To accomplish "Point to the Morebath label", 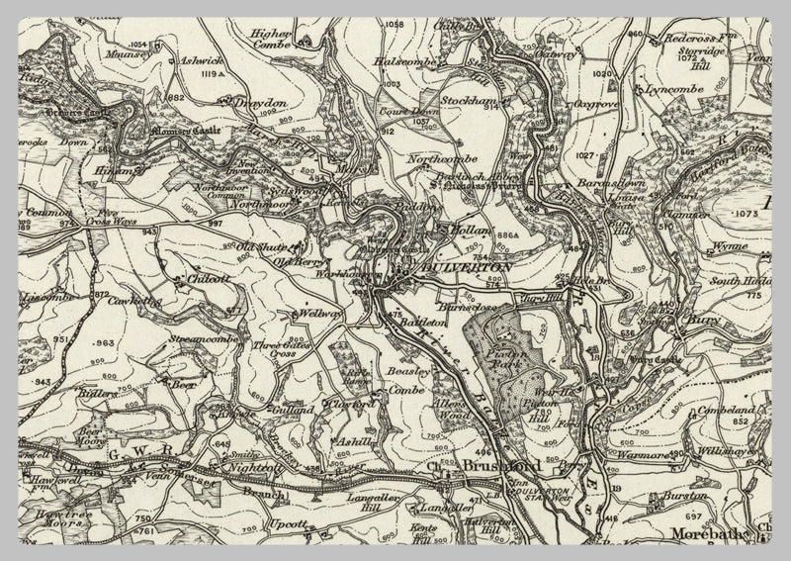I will [706, 534].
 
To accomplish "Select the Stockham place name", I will [468, 101].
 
